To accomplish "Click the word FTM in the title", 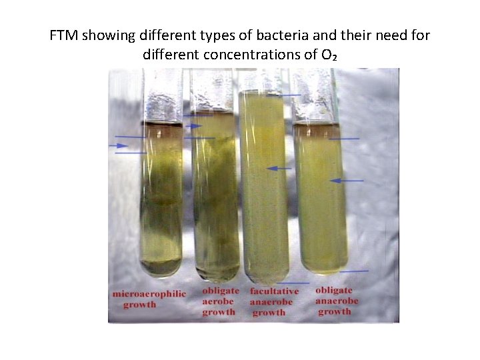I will (64, 35).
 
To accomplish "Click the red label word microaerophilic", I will (149, 294).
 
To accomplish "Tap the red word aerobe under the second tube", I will (219, 301).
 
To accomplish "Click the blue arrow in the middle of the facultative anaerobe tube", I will (279, 168).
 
